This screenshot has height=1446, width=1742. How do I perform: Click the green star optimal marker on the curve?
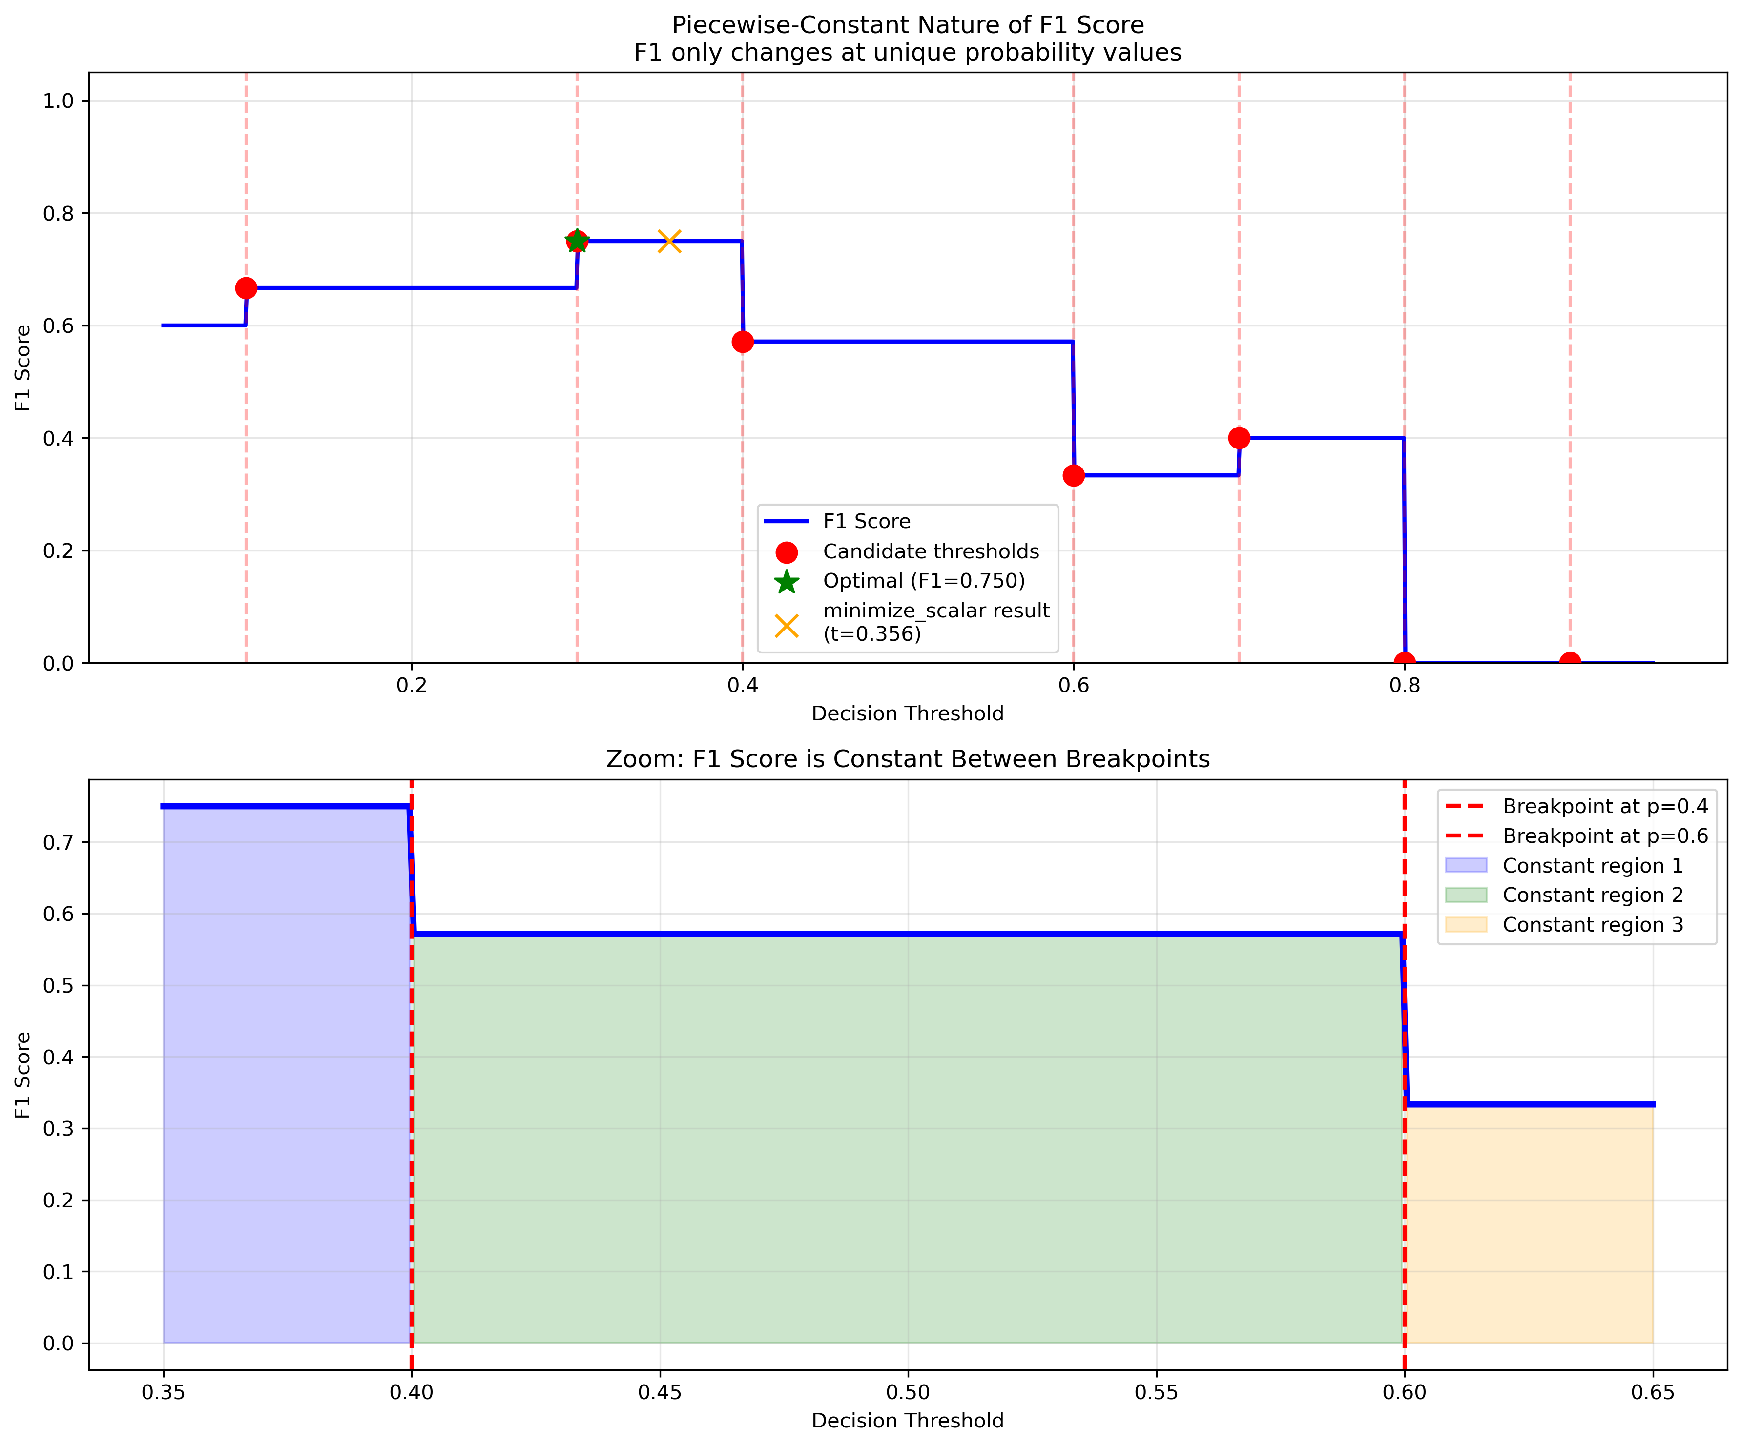(577, 241)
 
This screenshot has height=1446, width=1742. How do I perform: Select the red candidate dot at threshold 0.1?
(246, 288)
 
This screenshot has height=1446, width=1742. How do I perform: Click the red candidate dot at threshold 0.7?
(1239, 438)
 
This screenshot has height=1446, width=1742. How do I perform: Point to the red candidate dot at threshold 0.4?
(743, 342)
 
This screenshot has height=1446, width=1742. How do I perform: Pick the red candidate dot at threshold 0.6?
(1074, 475)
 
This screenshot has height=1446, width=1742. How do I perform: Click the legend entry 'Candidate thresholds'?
(930, 551)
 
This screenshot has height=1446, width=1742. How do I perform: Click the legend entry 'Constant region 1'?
(1593, 866)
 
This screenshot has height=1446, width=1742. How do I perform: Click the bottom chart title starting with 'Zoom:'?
(908, 759)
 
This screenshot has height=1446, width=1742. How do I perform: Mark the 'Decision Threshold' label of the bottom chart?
(908, 1420)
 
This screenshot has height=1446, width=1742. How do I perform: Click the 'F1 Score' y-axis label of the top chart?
(23, 367)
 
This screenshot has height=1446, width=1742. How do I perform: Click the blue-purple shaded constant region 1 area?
(286, 1078)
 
